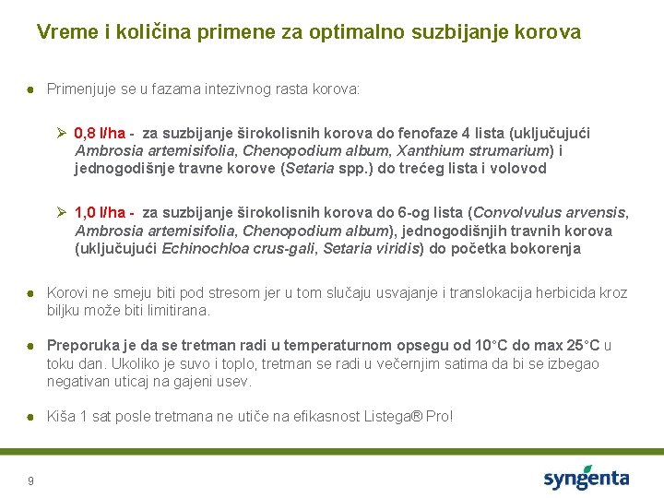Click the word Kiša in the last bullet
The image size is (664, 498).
coord(61,416)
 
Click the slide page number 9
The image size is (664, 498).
coord(31,480)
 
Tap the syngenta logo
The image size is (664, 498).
coord(586,479)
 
